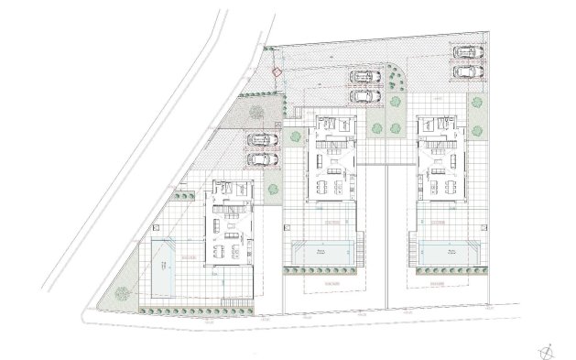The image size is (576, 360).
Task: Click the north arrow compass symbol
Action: tap(547, 349)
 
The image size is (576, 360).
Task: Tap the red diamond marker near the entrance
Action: tap(275, 71)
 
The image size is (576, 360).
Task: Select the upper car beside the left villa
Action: tap(263, 140)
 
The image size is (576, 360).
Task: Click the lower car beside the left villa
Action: tap(263, 158)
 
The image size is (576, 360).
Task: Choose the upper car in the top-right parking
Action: tap(468, 53)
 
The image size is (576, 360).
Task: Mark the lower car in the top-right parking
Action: tap(468, 71)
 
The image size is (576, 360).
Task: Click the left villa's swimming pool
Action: tap(165, 267)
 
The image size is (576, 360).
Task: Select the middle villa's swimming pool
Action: tap(321, 252)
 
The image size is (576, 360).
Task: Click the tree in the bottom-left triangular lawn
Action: tap(119, 294)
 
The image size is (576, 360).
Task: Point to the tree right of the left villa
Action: tap(273, 190)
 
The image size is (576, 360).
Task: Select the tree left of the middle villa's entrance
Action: tap(294, 137)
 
